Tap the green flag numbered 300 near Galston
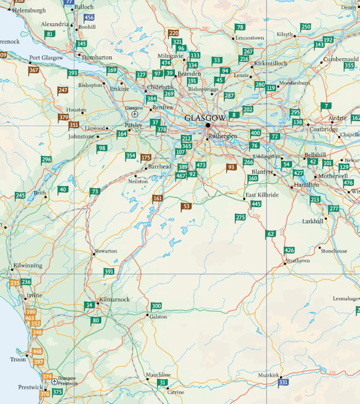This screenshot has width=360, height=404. (156, 306)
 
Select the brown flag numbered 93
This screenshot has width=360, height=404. (231, 167)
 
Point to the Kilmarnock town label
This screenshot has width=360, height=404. (114, 300)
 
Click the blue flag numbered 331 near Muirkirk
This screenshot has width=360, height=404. (283, 382)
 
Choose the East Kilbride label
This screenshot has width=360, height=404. (262, 195)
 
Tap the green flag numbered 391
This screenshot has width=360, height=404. (109, 271)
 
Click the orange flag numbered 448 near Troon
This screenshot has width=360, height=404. (38, 351)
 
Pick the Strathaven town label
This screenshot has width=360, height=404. (298, 263)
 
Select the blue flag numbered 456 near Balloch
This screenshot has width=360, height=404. (89, 18)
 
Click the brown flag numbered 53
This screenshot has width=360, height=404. (186, 206)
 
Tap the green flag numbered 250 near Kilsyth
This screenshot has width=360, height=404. (306, 27)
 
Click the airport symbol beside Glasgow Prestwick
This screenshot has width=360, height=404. (54, 381)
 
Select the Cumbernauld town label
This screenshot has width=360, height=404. (341, 59)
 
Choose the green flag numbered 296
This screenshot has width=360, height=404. (46, 159)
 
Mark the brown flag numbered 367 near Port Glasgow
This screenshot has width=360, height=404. (34, 70)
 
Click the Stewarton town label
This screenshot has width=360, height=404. (106, 251)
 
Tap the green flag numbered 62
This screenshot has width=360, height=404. (270, 234)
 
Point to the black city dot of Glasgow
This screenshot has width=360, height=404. (208, 125)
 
